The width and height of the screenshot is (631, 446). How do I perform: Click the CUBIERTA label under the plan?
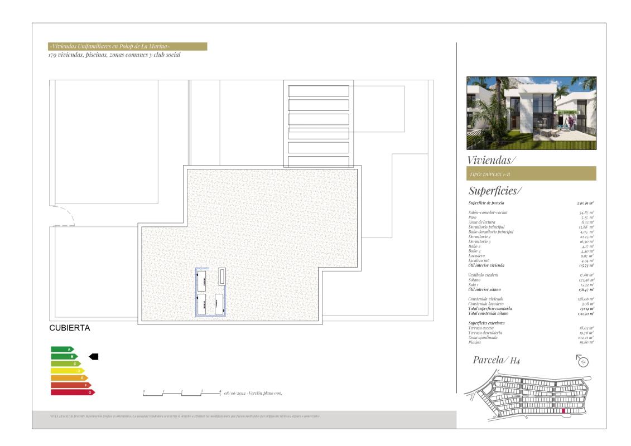70,328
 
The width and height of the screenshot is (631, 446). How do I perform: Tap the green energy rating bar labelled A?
62,349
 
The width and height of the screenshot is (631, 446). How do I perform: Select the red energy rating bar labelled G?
72,392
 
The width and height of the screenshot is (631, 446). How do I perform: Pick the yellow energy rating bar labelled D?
67,371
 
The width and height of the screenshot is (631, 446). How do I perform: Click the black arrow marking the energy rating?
94,356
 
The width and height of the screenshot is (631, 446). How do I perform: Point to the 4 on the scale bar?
220,391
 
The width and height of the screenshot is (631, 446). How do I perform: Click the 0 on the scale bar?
144,391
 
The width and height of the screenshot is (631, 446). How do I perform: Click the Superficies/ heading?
495,191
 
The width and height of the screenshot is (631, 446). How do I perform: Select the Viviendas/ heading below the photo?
492,160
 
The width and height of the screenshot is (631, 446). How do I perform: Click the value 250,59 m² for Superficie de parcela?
585,203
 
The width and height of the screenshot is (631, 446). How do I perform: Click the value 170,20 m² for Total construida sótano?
585,313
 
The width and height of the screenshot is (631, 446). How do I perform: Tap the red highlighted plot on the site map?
563,411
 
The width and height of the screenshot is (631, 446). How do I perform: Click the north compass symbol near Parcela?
583,361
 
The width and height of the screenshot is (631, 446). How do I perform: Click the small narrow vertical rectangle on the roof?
222,276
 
